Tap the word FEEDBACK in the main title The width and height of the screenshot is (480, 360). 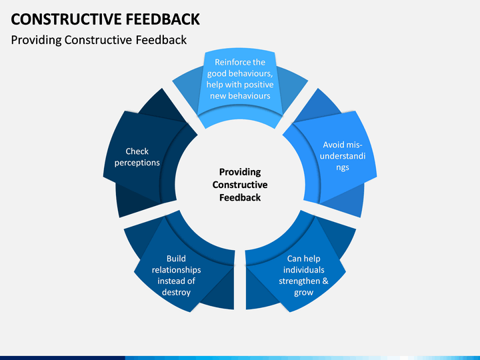[163, 19]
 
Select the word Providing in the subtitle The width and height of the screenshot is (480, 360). [36, 41]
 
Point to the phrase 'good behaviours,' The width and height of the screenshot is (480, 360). [240, 73]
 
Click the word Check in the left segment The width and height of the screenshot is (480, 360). [137, 151]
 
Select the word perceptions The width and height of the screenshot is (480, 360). [137, 163]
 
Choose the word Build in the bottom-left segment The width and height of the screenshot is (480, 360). [176, 259]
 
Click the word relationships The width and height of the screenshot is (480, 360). [176, 270]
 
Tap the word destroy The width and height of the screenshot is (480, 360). [176, 293]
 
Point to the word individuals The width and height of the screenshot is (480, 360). [304, 270]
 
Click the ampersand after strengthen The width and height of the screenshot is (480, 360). [325, 281]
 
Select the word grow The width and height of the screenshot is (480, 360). [304, 293]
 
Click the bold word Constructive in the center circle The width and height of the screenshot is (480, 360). [240, 185]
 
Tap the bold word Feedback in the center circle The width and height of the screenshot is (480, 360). [240, 198]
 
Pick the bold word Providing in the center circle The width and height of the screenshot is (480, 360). [240, 173]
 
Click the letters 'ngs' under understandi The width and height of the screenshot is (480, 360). [343, 168]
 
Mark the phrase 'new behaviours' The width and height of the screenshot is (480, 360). [240, 96]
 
